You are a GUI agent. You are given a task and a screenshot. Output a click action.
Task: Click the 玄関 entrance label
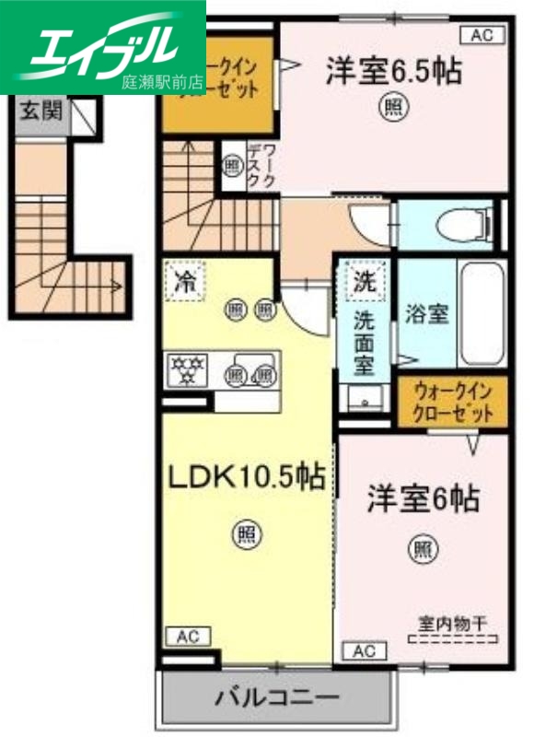tap(42, 112)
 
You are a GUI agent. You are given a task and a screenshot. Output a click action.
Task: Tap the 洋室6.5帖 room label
tap(392, 72)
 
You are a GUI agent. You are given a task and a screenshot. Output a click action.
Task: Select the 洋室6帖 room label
tap(423, 500)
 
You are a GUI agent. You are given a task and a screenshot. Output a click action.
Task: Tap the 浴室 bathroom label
tap(427, 313)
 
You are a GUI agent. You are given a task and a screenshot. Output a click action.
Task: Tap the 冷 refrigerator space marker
tap(185, 281)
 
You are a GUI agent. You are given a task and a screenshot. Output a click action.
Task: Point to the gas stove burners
tap(188, 370)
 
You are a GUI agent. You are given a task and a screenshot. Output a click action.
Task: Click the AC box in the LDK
tap(188, 637)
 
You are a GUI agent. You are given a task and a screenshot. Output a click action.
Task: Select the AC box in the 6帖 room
tap(366, 651)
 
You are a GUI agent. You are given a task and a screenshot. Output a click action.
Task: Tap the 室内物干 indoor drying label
tap(454, 621)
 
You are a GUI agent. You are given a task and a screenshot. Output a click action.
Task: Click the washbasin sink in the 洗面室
tap(366, 398)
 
